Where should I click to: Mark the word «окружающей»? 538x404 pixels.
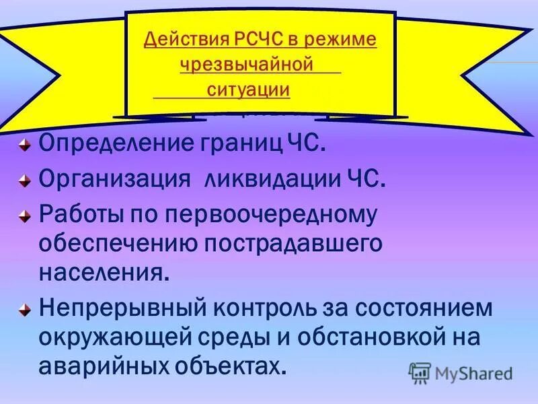(124, 337)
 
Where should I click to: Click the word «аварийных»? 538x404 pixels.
(106, 365)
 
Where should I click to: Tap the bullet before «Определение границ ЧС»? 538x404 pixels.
(24, 145)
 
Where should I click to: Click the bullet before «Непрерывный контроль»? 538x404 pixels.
(24, 310)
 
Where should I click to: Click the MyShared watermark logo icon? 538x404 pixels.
(420, 372)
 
